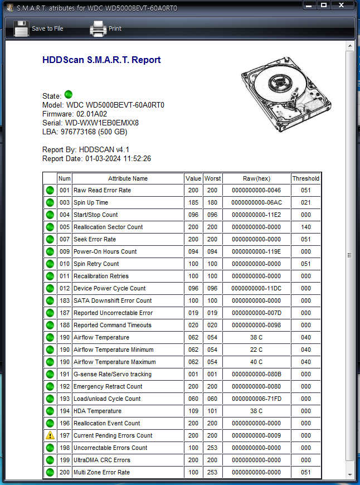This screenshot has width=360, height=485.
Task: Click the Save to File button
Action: coord(38,28)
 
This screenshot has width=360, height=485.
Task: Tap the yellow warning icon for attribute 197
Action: coord(50,435)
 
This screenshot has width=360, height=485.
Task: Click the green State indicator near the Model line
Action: coord(69,95)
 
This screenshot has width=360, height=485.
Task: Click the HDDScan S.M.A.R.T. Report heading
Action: coord(101,60)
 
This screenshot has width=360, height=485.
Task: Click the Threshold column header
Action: coord(306,178)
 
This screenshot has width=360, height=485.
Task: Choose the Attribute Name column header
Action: coord(128,178)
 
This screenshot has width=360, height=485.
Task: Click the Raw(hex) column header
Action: coord(256,178)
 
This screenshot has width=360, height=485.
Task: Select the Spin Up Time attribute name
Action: coord(91,202)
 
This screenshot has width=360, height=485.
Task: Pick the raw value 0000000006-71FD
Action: coord(256,399)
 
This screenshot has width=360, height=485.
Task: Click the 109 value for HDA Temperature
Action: coord(193,411)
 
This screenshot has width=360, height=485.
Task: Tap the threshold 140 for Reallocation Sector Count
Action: coord(306,227)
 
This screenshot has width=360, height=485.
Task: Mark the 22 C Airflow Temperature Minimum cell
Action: coord(256,350)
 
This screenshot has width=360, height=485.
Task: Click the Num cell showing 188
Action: coord(65,325)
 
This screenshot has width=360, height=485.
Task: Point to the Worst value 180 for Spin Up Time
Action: coord(213,202)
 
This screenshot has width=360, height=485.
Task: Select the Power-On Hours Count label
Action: coord(105,251)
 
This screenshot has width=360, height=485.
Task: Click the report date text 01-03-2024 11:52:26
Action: coord(118,159)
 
